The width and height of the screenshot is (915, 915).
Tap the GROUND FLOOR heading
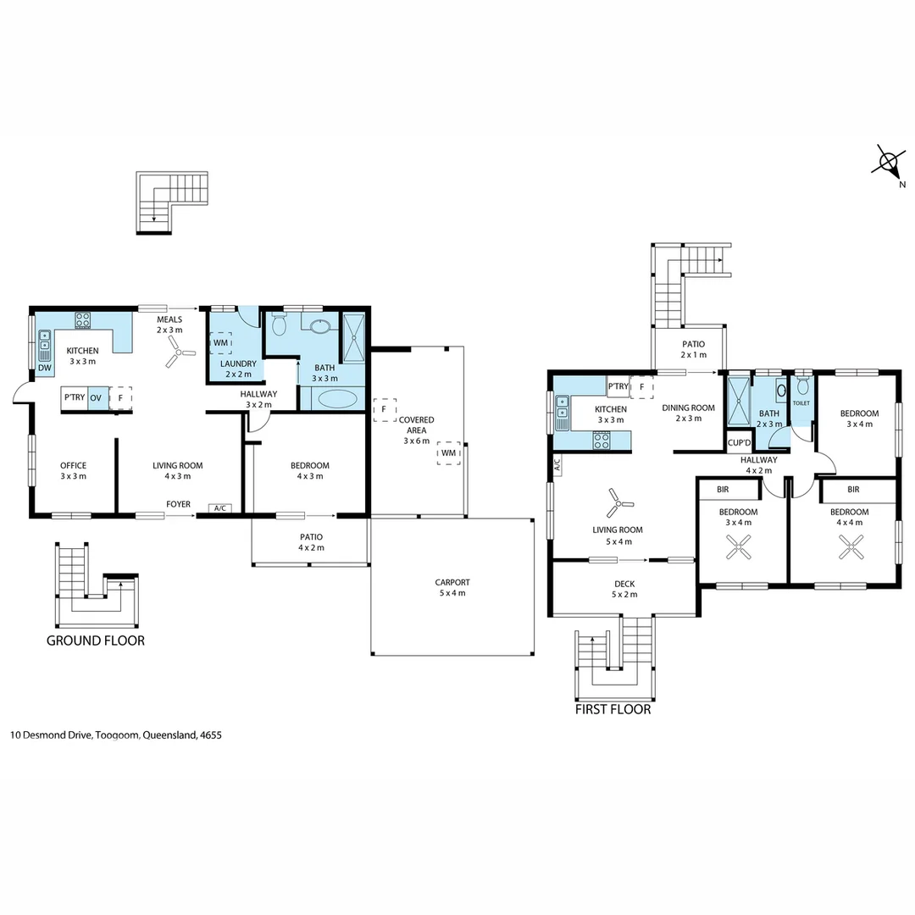95,640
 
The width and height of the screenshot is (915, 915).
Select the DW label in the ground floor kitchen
44,368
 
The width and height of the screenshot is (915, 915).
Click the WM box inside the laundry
220,342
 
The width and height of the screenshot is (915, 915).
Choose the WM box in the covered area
448,453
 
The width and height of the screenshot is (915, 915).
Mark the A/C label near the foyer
220,507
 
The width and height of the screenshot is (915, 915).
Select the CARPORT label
452,582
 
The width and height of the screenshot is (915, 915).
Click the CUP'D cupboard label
739,443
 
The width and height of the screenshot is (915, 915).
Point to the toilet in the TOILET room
802,387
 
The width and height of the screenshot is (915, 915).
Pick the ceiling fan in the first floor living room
620,504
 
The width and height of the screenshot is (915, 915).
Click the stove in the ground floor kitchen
83,319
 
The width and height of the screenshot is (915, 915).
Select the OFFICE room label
74,465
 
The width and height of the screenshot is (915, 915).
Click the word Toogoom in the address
118,735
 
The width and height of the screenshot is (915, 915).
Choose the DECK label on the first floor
624,584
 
